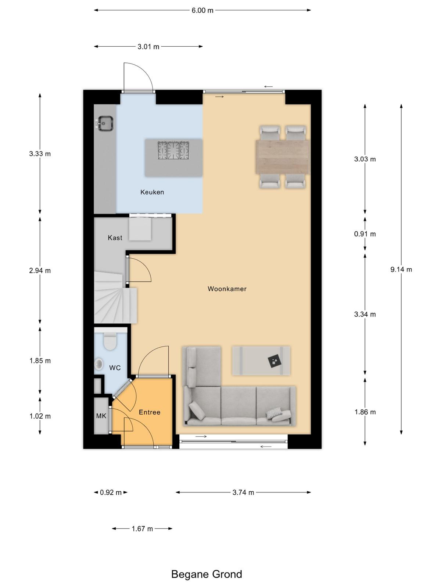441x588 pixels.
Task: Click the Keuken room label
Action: point(152,192)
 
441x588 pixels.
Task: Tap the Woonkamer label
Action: point(227,289)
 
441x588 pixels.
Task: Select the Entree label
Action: point(150,412)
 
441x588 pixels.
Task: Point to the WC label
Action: point(115,368)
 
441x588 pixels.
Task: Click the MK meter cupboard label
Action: point(101,416)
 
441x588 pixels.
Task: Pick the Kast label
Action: point(115,238)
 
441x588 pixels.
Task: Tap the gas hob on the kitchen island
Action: point(173,150)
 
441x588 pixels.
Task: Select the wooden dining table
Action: point(283,157)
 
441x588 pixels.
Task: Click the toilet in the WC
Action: point(110,341)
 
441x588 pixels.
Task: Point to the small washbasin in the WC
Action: point(99,364)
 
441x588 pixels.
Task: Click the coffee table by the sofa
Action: point(261,361)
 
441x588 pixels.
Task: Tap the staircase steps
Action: point(115,298)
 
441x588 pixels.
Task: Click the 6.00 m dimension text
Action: point(202,10)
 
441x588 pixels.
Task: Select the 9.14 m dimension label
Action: point(401,269)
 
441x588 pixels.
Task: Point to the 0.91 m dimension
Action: point(365,234)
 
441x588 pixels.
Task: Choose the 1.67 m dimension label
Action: point(142,528)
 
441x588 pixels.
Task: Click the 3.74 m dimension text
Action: point(243,492)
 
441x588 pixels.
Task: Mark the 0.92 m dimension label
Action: point(111,492)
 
